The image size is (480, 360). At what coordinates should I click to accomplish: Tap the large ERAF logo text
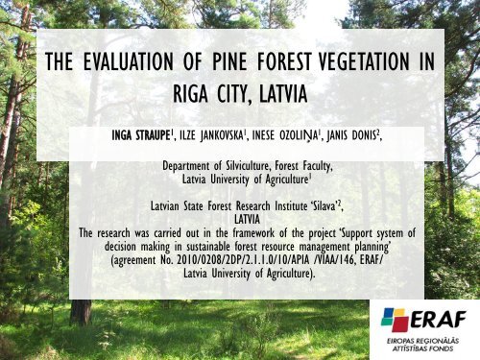(x=438, y=320)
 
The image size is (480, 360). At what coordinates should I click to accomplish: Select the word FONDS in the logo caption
(x=453, y=350)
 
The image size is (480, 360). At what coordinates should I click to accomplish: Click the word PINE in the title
(x=207, y=62)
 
